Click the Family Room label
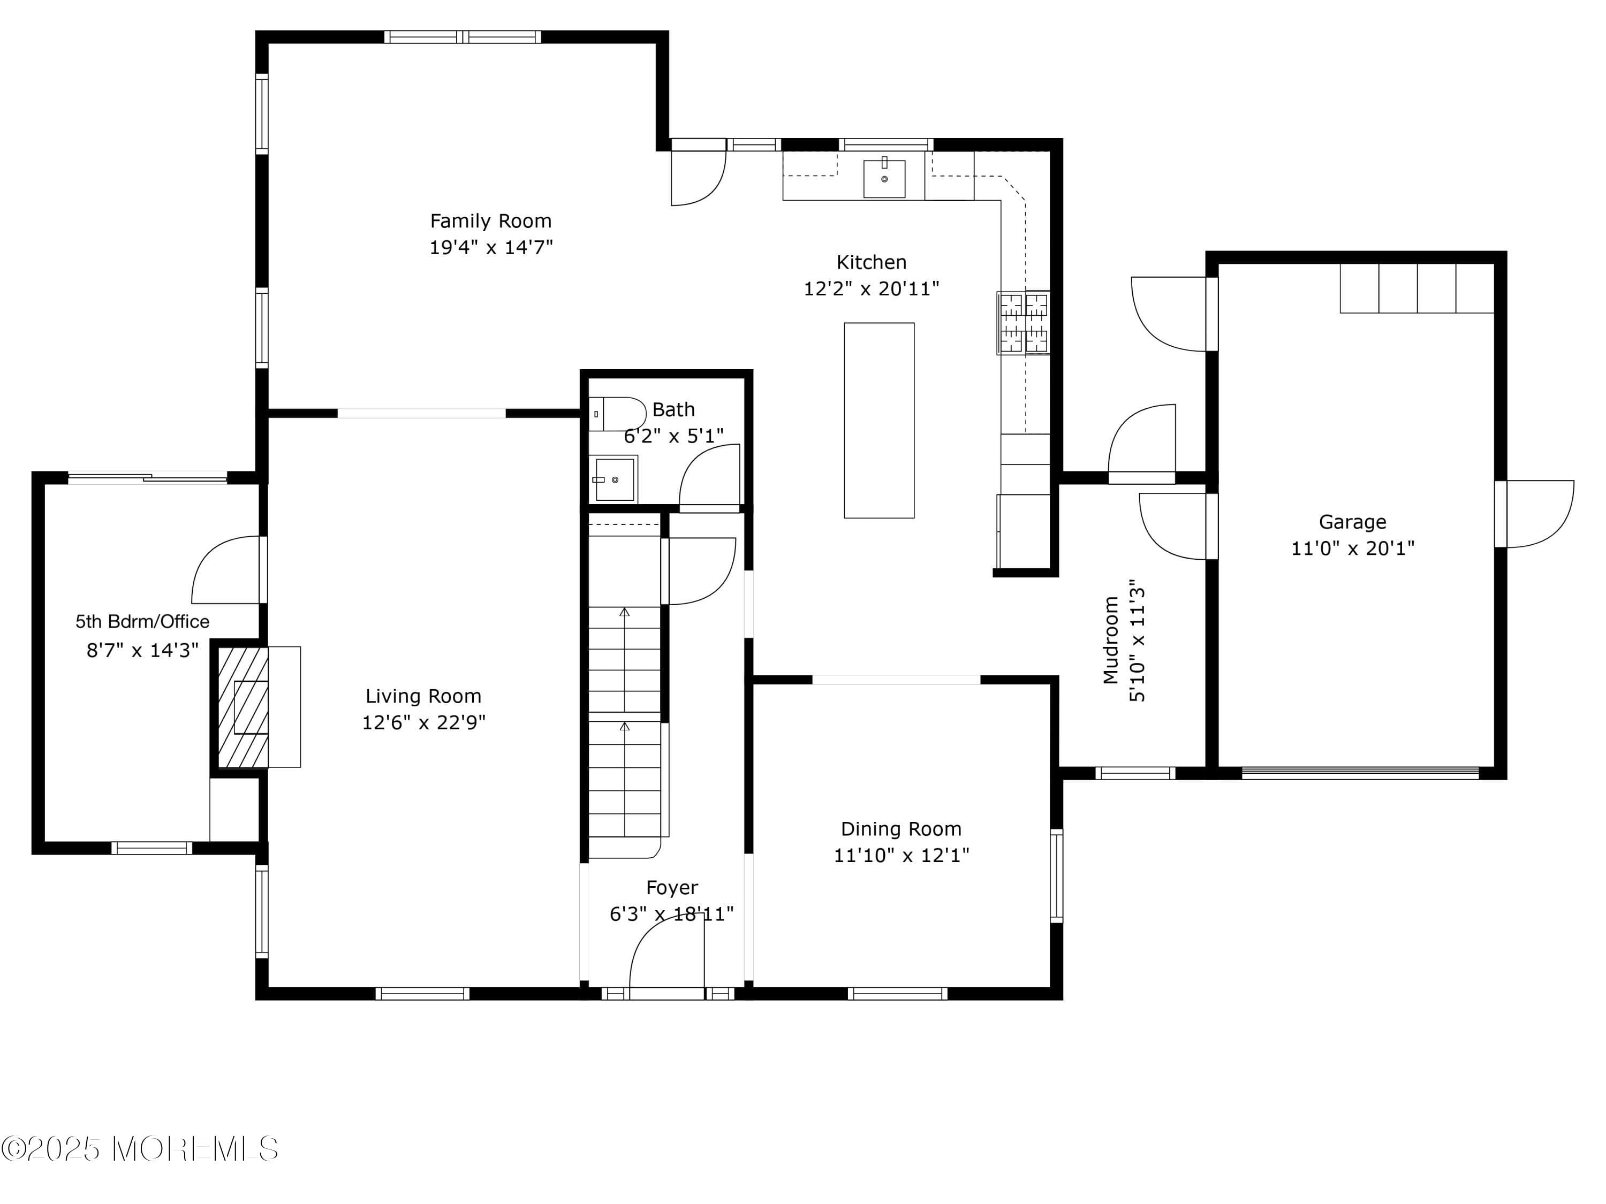[x=491, y=220]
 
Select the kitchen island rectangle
[x=878, y=420]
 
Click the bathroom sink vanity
[x=613, y=479]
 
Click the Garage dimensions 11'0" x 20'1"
[x=1352, y=548]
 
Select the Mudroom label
[x=1111, y=640]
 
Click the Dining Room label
[x=900, y=829]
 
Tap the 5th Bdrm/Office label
[x=142, y=621]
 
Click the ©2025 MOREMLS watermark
[x=139, y=1149]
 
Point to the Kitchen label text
[x=870, y=262]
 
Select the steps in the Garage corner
[x=1416, y=288]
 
